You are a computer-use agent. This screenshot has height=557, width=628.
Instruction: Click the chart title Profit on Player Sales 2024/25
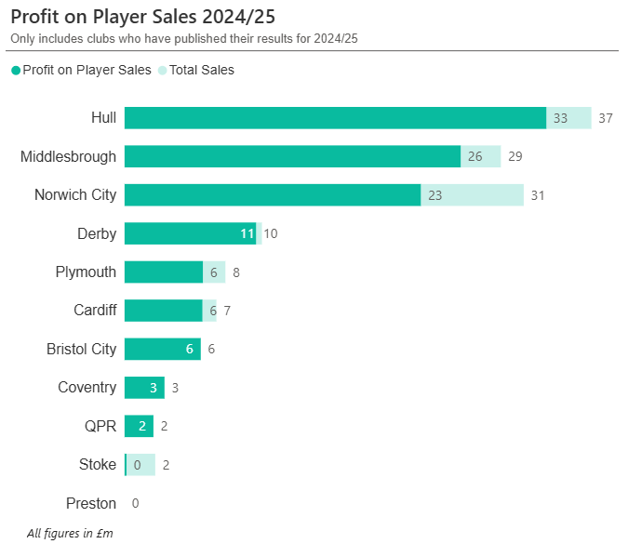tap(142, 17)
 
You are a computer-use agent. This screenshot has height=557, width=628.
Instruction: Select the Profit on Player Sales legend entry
tap(87, 70)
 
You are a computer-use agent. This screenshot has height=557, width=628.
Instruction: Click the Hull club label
tap(103, 118)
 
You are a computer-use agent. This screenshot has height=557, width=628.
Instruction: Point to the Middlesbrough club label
tap(68, 156)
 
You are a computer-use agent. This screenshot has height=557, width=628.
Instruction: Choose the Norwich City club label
tap(75, 195)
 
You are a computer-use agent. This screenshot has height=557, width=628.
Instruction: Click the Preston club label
tap(91, 504)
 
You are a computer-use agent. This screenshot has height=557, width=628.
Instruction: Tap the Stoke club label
tap(98, 465)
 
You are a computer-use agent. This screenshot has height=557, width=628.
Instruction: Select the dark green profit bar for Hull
tap(335, 118)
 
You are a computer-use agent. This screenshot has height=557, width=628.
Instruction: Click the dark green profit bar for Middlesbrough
tap(292, 156)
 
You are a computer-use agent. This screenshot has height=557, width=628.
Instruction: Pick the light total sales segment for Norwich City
tap(472, 195)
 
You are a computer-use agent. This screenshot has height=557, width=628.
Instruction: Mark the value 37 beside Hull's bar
tap(606, 118)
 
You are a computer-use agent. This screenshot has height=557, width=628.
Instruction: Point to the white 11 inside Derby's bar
tap(247, 233)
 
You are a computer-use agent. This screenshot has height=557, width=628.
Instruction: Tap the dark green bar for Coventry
tap(144, 388)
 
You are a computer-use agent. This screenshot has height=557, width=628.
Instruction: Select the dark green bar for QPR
tap(139, 426)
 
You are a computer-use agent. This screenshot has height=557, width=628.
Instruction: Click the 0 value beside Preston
tap(135, 504)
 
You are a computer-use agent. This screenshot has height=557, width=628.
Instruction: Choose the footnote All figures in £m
tap(70, 534)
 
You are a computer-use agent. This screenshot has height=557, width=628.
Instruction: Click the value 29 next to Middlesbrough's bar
tap(515, 156)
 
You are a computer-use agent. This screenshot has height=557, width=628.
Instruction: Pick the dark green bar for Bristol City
tap(163, 349)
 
